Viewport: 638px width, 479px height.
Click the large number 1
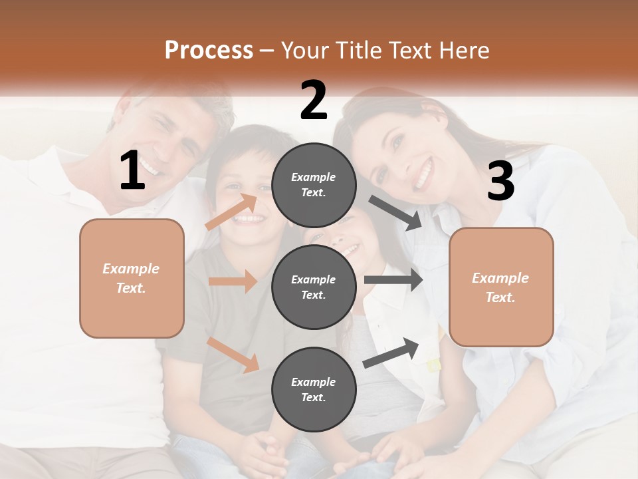132,171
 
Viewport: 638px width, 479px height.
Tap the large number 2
314,100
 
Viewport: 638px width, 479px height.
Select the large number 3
500,182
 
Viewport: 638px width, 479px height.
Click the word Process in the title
209,50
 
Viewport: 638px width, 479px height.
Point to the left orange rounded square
132,278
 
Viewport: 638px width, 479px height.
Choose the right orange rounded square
501,287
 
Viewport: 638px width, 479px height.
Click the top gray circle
314,185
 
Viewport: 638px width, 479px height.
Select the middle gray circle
314,287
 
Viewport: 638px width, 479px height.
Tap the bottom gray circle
314,390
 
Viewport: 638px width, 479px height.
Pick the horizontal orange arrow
233,281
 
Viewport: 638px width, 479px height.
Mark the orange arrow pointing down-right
233,355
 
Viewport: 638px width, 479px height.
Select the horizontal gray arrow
393,280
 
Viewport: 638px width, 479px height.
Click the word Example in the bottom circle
314,382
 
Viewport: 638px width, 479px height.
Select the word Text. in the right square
500,297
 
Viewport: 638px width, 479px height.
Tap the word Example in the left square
131,269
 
